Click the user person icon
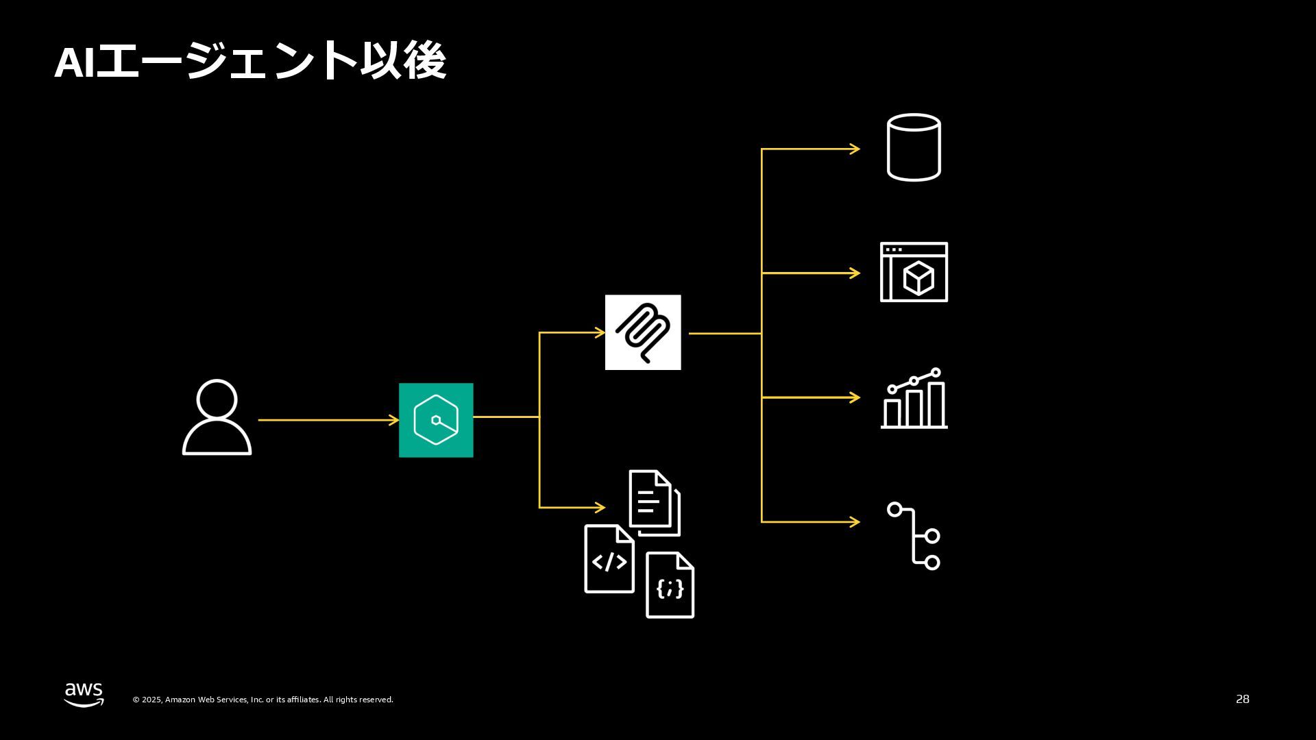pyautogui.click(x=217, y=417)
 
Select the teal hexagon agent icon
pyautogui.click(x=436, y=420)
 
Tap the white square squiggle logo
pyautogui.click(x=643, y=332)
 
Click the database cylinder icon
pyautogui.click(x=914, y=147)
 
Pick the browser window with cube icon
pyautogui.click(x=914, y=272)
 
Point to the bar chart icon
pyautogui.click(x=914, y=399)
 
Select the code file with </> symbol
pyautogui.click(x=609, y=559)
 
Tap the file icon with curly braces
pyautogui.click(x=670, y=585)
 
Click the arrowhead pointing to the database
pyautogui.click(x=855, y=149)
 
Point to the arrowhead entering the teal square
pyautogui.click(x=394, y=420)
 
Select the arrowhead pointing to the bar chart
pyautogui.click(x=855, y=397)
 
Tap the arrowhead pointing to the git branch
pyautogui.click(x=855, y=522)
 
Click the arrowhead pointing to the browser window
pyautogui.click(x=855, y=273)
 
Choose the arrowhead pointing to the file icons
pyautogui.click(x=600, y=508)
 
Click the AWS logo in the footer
pyautogui.click(x=84, y=694)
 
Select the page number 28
pyautogui.click(x=1242, y=699)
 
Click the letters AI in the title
pyautogui.click(x=74, y=62)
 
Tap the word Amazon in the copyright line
pyautogui.click(x=180, y=700)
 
